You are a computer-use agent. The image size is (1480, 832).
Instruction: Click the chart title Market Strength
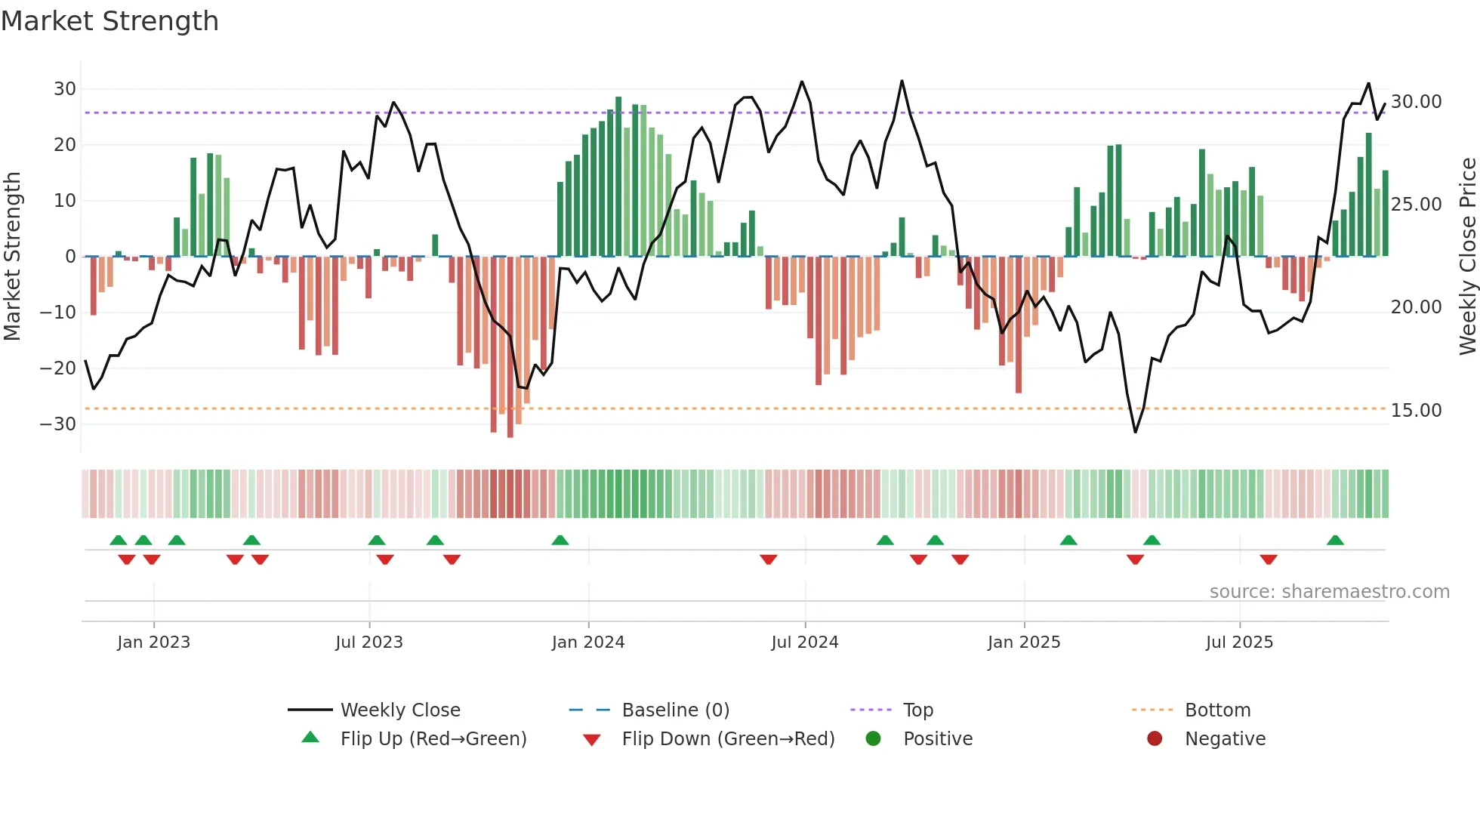click(x=109, y=21)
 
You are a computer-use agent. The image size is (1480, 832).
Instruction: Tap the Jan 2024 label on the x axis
click(x=588, y=642)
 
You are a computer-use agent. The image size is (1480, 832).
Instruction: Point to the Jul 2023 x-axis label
click(x=369, y=642)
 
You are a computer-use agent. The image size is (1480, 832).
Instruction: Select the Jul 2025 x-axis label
click(x=1239, y=642)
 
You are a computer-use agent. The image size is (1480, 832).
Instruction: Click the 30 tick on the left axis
click(x=65, y=89)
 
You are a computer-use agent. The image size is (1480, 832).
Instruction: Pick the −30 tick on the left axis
click(x=59, y=424)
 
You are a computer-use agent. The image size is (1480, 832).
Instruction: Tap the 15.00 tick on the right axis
click(x=1416, y=411)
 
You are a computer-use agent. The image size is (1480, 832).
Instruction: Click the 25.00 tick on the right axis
click(x=1416, y=205)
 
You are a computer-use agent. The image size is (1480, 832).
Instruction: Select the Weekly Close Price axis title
click(x=1467, y=257)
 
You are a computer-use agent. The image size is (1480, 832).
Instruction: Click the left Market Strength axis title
click(x=13, y=257)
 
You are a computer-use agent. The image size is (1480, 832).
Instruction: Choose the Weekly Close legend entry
click(x=399, y=710)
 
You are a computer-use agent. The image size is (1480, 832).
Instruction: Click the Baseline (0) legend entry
click(x=675, y=710)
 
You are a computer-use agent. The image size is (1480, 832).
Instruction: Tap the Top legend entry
click(x=917, y=710)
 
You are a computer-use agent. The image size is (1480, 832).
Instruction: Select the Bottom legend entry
click(x=1217, y=710)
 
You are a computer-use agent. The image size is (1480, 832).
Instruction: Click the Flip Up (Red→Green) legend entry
click(x=433, y=739)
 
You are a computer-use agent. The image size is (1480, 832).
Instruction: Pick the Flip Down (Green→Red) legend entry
click(x=728, y=739)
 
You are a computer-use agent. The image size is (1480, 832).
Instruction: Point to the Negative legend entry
click(x=1224, y=739)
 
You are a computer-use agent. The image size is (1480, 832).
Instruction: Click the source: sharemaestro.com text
click(x=1329, y=592)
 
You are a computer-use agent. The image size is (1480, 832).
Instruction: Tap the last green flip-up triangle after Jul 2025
click(x=1335, y=541)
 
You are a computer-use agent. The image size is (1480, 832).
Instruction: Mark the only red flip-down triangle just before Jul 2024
click(x=769, y=559)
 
